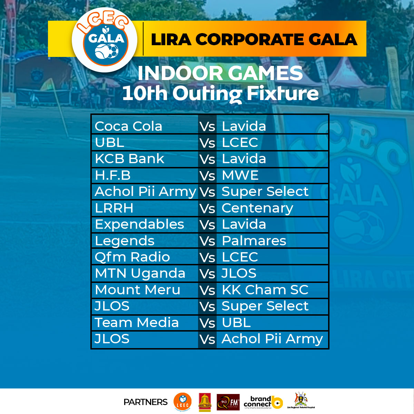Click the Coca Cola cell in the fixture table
[x=128, y=126]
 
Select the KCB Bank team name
[x=129, y=159]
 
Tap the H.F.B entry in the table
[x=113, y=176]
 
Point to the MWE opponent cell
[x=240, y=176]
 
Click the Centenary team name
[x=257, y=208]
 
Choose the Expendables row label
[x=139, y=225]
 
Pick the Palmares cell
[x=254, y=241]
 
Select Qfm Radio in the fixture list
[x=132, y=257]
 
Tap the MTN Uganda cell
[x=140, y=274]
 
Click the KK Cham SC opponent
[x=265, y=290]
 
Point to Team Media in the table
[x=137, y=323]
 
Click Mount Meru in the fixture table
[x=137, y=290]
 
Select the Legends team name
[x=125, y=241]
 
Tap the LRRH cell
[x=114, y=208]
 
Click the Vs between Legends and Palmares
[x=207, y=241]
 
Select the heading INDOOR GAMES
[x=220, y=73]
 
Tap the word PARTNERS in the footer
[x=145, y=402]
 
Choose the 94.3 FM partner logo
[x=228, y=402]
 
